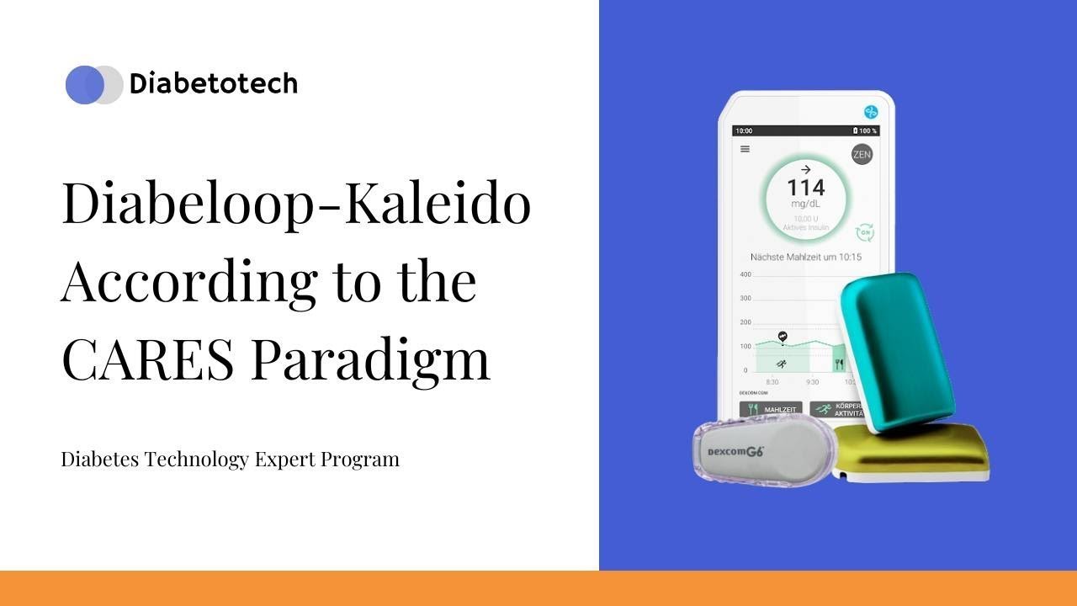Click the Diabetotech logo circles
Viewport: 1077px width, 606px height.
93,84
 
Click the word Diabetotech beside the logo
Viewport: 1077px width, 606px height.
213,84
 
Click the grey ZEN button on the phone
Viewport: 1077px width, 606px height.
862,154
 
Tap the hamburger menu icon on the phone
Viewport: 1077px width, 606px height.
745,149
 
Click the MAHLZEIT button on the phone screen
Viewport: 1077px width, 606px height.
770,409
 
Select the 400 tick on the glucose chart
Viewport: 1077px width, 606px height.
745,275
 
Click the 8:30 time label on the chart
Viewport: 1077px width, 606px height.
772,381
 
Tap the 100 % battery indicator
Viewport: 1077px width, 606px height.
864,131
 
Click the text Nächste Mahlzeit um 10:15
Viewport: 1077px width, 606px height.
805,257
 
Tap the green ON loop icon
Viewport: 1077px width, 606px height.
863,233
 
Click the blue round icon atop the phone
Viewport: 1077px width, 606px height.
870,111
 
